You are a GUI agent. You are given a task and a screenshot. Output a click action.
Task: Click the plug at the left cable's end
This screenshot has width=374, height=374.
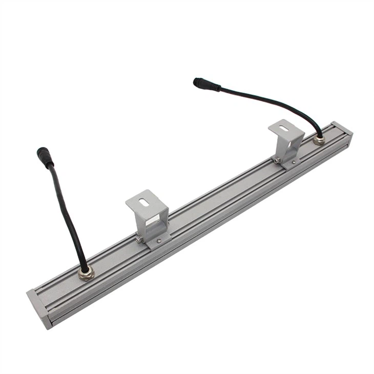click(45, 157)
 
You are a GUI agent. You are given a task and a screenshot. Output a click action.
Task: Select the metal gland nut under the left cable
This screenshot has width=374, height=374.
click(86, 273)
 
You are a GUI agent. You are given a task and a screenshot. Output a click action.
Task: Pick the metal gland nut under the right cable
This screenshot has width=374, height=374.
click(319, 139)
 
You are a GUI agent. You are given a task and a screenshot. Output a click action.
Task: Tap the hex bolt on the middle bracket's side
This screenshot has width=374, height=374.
click(138, 239)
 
